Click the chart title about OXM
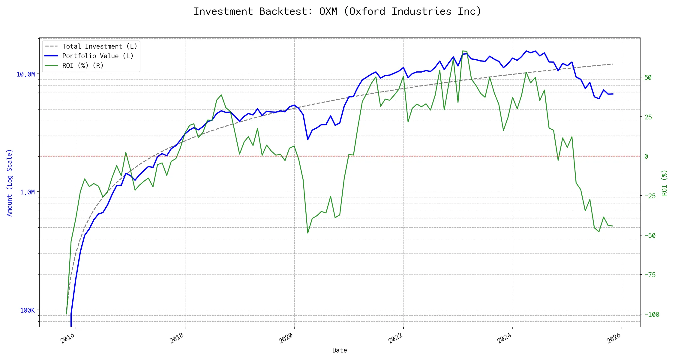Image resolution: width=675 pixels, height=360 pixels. coord(337,11)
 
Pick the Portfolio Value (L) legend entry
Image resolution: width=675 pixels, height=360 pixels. coord(98,56)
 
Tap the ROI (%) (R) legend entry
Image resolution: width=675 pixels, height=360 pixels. coord(83,66)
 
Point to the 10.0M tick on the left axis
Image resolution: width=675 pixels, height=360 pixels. coord(25,74)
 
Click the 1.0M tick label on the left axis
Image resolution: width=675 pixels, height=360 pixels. coord(27,192)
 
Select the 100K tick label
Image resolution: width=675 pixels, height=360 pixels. coord(27,310)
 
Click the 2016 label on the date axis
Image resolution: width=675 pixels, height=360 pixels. coord(67,338)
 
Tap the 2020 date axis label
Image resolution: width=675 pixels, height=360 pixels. coord(286,338)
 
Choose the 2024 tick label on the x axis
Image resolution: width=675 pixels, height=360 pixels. coord(504,338)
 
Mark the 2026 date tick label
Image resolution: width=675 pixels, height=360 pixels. coord(613,338)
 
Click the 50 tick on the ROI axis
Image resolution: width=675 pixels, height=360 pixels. coord(648,77)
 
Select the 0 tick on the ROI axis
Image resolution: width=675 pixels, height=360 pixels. coord(646,156)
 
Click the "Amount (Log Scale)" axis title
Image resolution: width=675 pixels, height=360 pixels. coord(10,182)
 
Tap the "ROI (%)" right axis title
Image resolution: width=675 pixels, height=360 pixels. coord(664,182)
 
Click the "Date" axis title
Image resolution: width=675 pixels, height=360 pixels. coord(340,350)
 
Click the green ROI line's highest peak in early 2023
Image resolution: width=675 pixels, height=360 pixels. coord(464,51)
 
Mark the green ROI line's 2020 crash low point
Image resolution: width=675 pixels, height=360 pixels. coord(308,233)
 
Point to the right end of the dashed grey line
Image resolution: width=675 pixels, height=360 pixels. coord(612,64)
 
